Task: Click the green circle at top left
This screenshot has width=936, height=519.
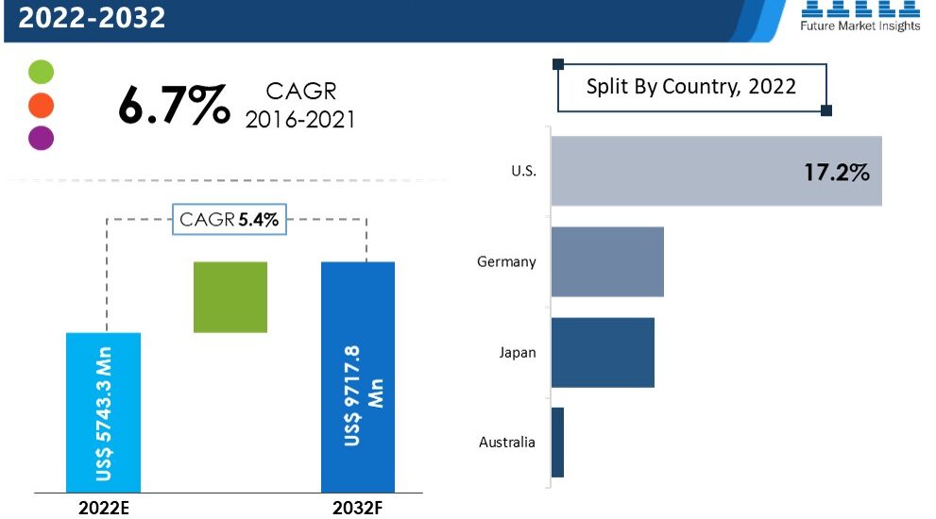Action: [x=42, y=73]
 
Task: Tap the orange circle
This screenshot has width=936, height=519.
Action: [x=42, y=105]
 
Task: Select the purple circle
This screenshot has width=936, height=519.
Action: [x=42, y=138]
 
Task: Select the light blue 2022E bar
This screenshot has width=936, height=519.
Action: [x=103, y=411]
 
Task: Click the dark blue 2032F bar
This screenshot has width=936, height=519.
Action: [x=358, y=376]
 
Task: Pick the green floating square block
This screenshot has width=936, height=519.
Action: [x=230, y=296]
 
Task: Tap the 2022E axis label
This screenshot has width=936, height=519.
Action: [x=103, y=509]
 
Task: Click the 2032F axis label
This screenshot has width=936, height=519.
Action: [x=359, y=509]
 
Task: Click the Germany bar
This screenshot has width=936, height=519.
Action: [x=607, y=261]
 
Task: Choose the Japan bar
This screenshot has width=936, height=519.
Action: [x=603, y=352]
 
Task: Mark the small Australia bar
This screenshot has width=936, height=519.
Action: [x=557, y=442]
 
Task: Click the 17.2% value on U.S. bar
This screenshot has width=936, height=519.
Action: [x=836, y=173]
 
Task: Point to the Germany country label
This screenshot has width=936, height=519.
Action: [x=506, y=261]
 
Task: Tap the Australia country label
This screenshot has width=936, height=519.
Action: [x=507, y=442]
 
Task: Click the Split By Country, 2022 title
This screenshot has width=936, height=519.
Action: [x=690, y=87]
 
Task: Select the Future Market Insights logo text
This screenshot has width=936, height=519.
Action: [x=859, y=25]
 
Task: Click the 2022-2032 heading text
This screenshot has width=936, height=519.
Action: [x=93, y=17]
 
